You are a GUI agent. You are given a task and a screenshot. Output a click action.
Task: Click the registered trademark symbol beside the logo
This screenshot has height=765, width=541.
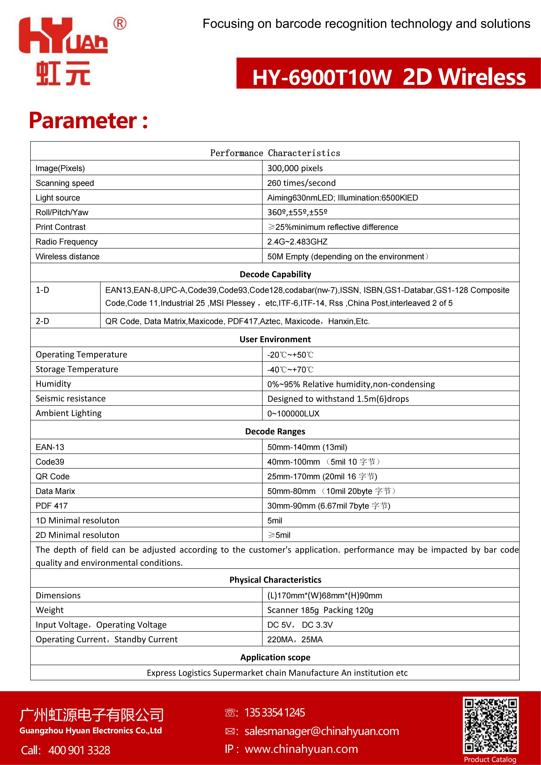point(120,24)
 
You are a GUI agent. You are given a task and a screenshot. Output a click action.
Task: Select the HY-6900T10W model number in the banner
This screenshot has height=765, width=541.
point(322,77)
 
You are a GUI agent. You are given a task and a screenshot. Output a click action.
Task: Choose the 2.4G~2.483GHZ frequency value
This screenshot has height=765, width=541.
point(297,242)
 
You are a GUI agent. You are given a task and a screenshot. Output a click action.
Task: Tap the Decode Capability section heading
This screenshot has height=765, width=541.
point(275,274)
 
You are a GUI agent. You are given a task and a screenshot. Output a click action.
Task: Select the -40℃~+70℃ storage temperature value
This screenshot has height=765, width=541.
point(290,369)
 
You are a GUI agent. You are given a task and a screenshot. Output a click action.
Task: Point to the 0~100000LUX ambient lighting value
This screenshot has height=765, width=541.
point(293,414)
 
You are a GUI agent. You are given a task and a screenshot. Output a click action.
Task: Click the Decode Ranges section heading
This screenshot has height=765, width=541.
point(275,431)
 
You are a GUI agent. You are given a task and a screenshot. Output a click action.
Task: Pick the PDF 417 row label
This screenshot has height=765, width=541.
point(52,506)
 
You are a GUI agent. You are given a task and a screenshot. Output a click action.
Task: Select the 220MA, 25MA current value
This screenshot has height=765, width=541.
point(295,639)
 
